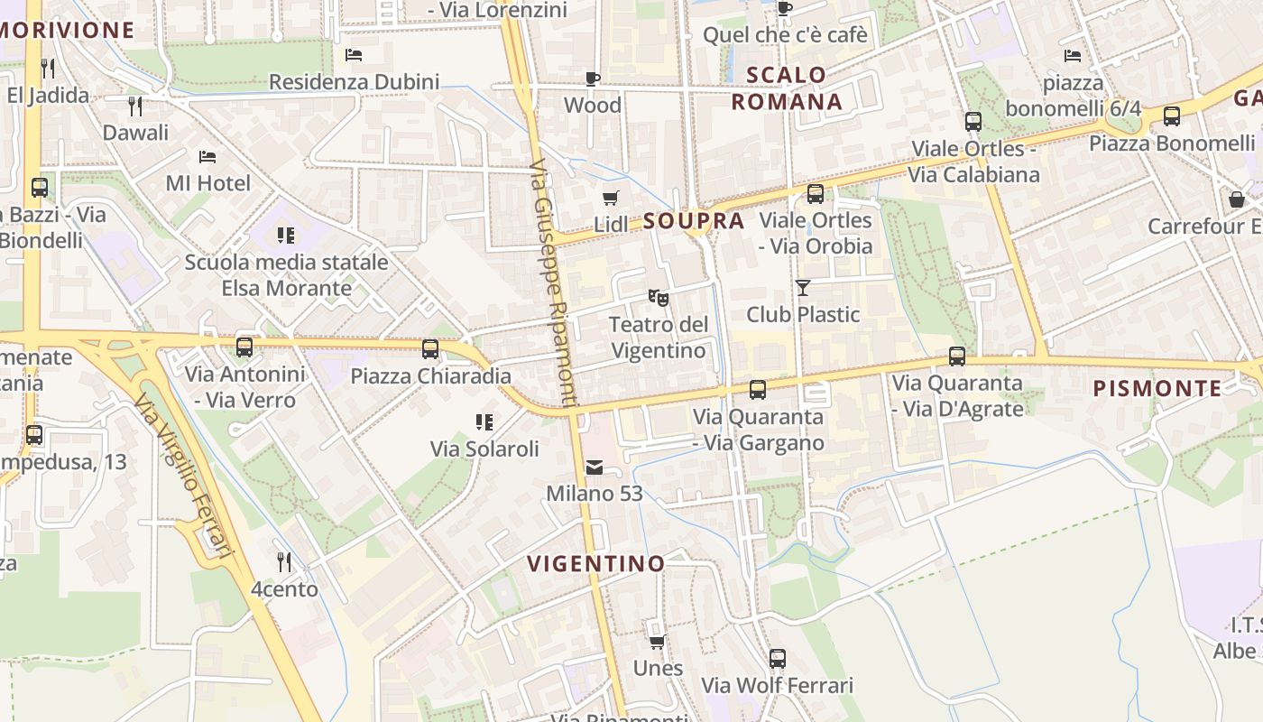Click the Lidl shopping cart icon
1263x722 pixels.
coord(611,198)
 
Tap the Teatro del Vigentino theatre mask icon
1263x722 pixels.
coord(658,296)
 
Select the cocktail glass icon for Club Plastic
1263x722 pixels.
coord(802,287)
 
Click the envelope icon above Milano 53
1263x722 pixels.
coord(595,467)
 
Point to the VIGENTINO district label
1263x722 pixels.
coord(595,563)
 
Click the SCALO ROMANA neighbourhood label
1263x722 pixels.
coord(787,88)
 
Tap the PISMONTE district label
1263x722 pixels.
coord(1157,388)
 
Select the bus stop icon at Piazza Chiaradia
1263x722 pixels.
coord(430,348)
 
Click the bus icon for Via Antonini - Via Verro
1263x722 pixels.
coord(244,347)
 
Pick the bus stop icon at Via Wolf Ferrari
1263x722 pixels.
coord(778,658)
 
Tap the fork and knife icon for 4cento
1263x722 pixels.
coord(284,561)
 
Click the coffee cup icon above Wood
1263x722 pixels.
coord(593,79)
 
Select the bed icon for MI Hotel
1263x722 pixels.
coord(207,156)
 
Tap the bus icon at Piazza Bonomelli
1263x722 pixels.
coord(1172,116)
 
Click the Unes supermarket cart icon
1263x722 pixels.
coord(658,641)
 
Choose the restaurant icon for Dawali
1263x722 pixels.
coord(135,106)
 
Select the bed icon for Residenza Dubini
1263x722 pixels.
coord(354,55)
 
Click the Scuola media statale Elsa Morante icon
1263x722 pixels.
coord(286,236)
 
